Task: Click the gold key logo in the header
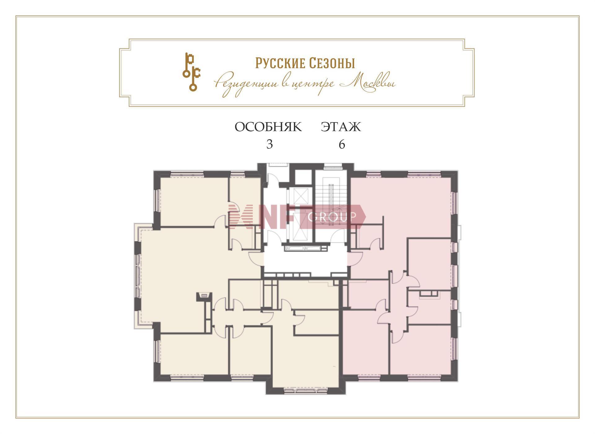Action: (191, 72)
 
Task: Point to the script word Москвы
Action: (368, 83)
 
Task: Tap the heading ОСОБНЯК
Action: (268, 127)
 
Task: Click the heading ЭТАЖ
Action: (341, 127)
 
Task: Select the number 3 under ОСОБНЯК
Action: (270, 144)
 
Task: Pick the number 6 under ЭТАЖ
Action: (342, 144)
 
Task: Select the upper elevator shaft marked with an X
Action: (300, 196)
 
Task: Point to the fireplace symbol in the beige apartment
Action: (204, 296)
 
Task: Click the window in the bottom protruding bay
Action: (306, 391)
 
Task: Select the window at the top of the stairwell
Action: (332, 167)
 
